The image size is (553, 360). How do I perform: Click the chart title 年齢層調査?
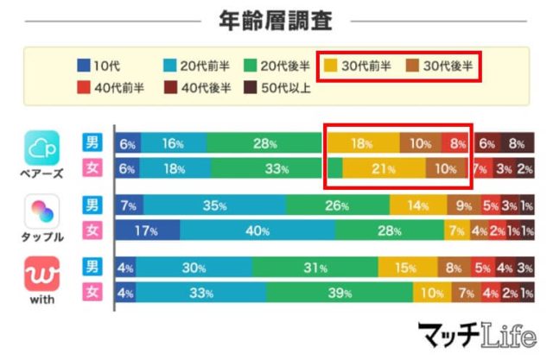point(276,18)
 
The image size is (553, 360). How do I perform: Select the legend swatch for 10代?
point(83,64)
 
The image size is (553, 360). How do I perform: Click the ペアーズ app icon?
point(42,148)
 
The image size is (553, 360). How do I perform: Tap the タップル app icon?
point(42,212)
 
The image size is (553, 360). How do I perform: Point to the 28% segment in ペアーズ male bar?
point(264,143)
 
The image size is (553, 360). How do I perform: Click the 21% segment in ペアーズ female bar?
point(384,167)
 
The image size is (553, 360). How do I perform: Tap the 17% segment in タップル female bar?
point(148,231)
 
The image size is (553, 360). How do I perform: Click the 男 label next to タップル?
point(91,206)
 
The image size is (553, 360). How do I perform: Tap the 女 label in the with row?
point(91,293)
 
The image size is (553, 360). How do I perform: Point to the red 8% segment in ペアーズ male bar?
point(454,143)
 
